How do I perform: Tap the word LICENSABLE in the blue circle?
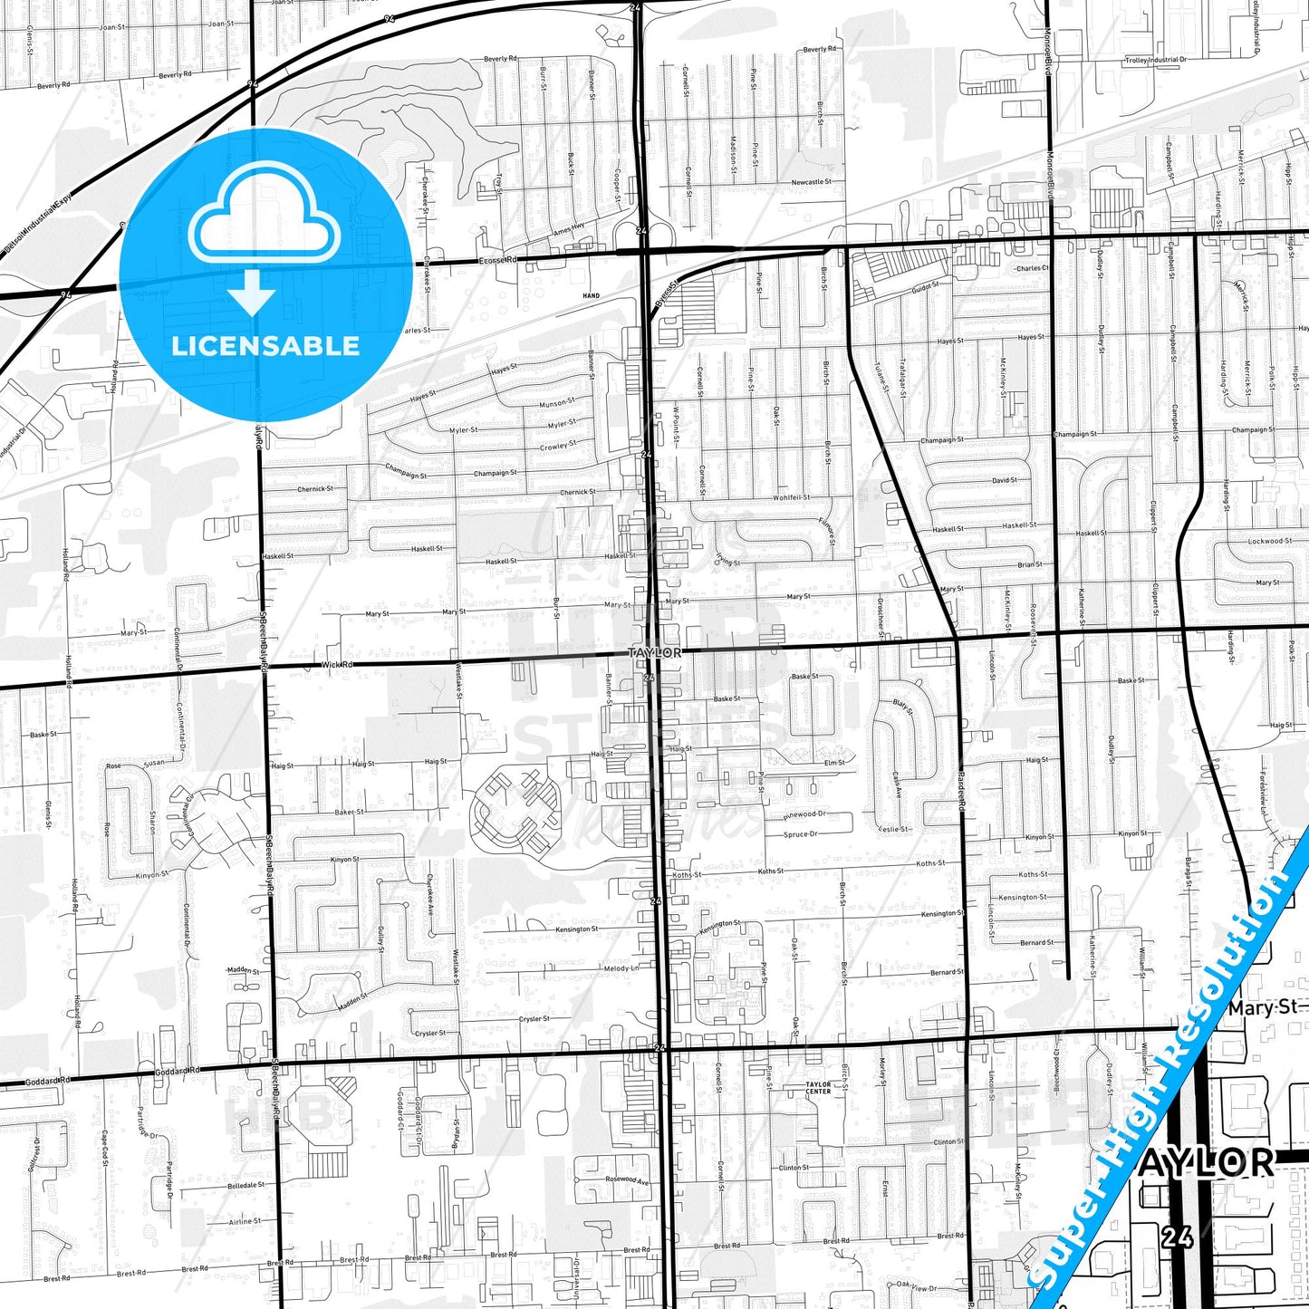pyautogui.click(x=265, y=346)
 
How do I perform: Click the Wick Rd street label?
pyautogui.click(x=337, y=664)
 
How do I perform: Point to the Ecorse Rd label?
pyautogui.click(x=499, y=260)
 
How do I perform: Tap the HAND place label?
pyautogui.click(x=591, y=295)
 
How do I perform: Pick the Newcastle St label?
pyautogui.click(x=811, y=182)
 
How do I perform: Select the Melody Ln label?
pyautogui.click(x=621, y=968)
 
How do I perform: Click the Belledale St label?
pyautogui.click(x=246, y=1185)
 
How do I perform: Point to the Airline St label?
pyautogui.click(x=245, y=1221)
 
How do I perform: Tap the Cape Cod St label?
pyautogui.click(x=104, y=1149)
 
